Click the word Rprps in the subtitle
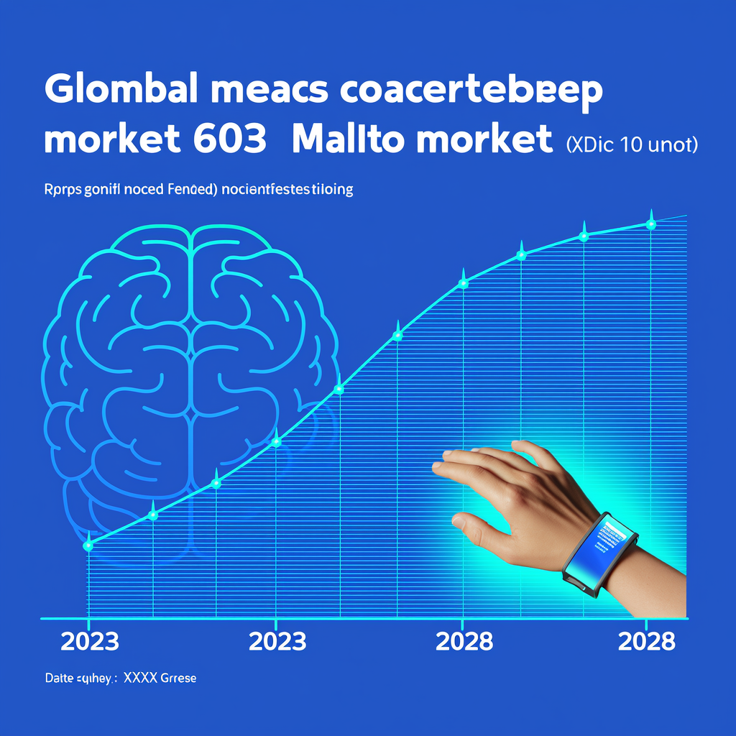(60, 190)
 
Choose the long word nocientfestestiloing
(287, 190)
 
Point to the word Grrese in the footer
(178, 678)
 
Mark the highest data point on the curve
(651, 224)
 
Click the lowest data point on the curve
(88, 546)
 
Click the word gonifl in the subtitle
(102, 191)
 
